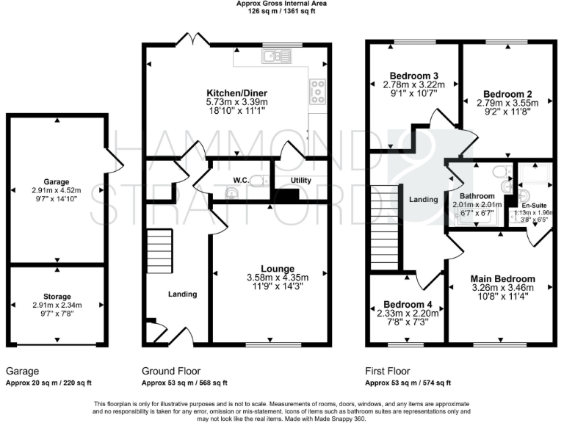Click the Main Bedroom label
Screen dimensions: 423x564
pyautogui.click(x=503, y=279)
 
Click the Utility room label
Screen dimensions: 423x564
pyautogui.click(x=301, y=179)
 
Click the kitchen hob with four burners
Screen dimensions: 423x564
pyautogui.click(x=319, y=92)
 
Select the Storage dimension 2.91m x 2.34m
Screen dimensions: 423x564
pyautogui.click(x=57, y=305)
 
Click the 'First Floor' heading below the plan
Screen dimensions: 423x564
pyautogui.click(x=388, y=371)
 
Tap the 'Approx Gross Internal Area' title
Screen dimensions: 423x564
pyautogui.click(x=281, y=4)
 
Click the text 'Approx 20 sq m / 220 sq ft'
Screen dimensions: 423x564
pyautogui.click(x=48, y=383)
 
